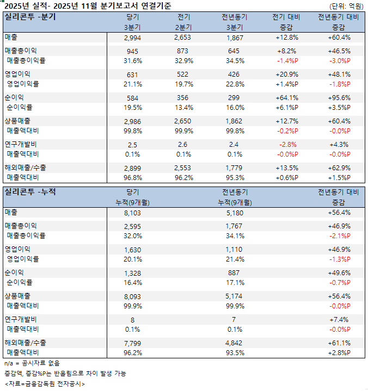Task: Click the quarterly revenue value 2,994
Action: pyautogui.click(x=133, y=38)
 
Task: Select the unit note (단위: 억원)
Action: pyautogui.click(x=346, y=6)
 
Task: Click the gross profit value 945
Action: pyautogui.click(x=133, y=51)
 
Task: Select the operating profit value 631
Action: pyautogui.click(x=133, y=74)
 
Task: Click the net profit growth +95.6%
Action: pyautogui.click(x=339, y=97)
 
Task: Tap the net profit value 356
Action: pyautogui.click(x=183, y=97)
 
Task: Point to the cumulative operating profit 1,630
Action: pyautogui.click(x=133, y=249)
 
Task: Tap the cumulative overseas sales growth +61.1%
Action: pyautogui.click(x=339, y=343)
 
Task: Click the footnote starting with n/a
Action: pyautogui.click(x=32, y=363)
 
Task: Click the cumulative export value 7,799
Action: pyautogui.click(x=133, y=343)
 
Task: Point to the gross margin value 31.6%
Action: pyautogui.click(x=133, y=60)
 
